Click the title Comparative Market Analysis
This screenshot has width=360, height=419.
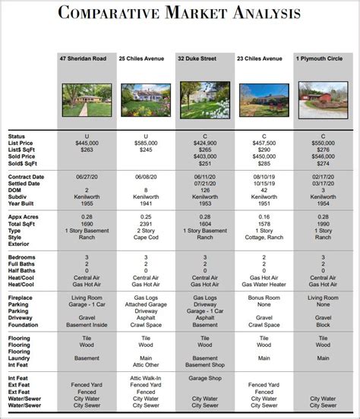tap(179, 14)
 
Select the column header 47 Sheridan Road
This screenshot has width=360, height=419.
tap(87, 58)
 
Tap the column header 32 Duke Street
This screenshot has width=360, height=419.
tap(204, 58)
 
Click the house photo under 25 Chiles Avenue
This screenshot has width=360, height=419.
tap(146, 99)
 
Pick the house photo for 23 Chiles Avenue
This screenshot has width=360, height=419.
tap(264, 99)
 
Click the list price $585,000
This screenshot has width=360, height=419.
tap(146, 143)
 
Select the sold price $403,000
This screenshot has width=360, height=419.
tap(204, 156)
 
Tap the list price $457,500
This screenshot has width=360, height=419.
tap(264, 143)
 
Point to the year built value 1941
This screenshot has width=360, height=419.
tap(146, 203)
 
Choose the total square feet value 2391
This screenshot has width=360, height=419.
tap(146, 225)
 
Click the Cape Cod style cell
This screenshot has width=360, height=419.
tap(146, 238)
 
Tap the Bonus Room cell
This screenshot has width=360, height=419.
tap(264, 298)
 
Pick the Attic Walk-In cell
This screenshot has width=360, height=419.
tap(146, 377)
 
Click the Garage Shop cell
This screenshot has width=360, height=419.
tap(204, 377)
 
